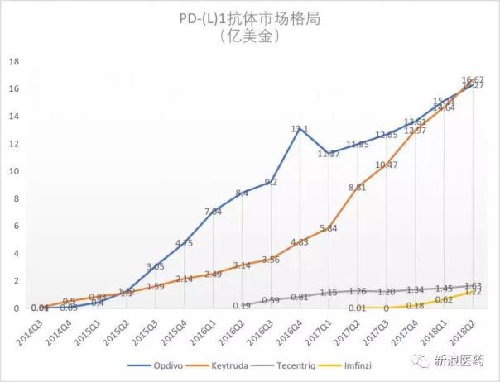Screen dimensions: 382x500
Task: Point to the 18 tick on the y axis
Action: point(13,61)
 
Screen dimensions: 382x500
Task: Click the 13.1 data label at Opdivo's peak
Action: point(299,128)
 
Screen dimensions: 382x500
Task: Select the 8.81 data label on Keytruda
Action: point(358,187)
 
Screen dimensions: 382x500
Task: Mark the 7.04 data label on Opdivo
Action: point(213,211)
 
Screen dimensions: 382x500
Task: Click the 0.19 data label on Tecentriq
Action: point(242,306)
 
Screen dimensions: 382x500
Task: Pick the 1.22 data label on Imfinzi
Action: point(472,292)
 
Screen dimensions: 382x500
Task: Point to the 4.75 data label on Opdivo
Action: point(184,243)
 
